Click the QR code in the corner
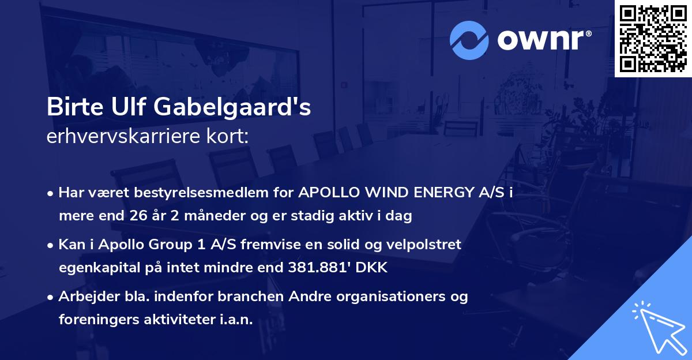pyautogui.click(x=653, y=39)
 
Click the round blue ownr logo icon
pyautogui.click(x=469, y=40)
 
